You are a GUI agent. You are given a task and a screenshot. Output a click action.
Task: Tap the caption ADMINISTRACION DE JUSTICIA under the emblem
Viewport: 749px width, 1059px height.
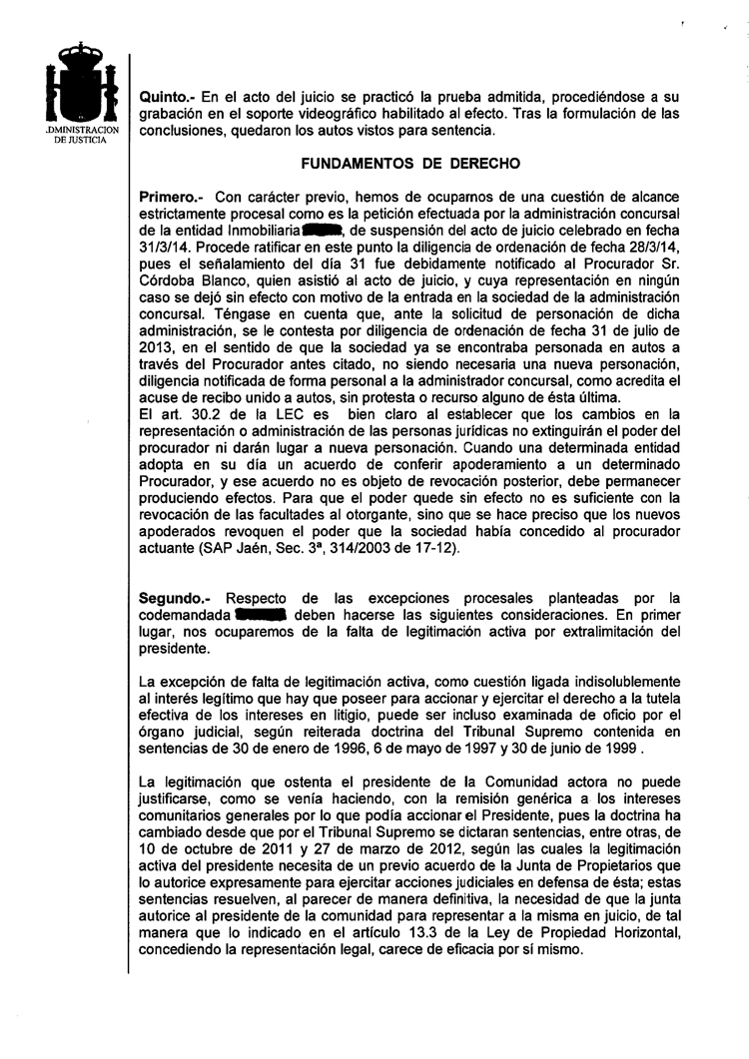tap(82, 136)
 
